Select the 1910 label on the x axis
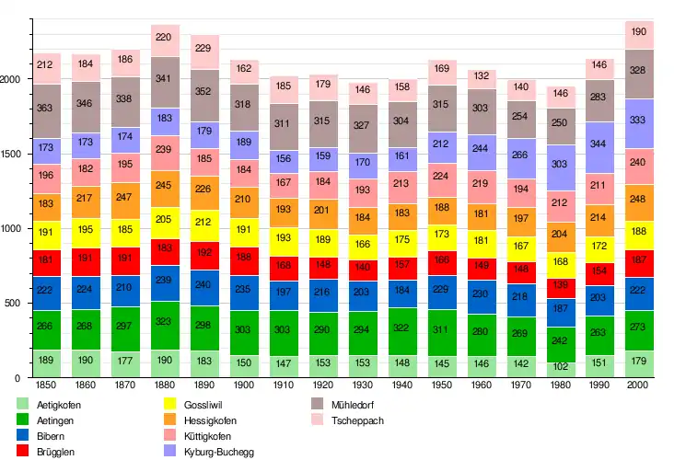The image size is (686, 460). [x=284, y=386]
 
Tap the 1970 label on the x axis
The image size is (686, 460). [x=520, y=386]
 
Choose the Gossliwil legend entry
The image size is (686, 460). [x=200, y=404]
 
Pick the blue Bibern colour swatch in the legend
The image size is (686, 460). [x=23, y=436]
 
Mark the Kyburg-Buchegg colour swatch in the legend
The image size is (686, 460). [x=171, y=452]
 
